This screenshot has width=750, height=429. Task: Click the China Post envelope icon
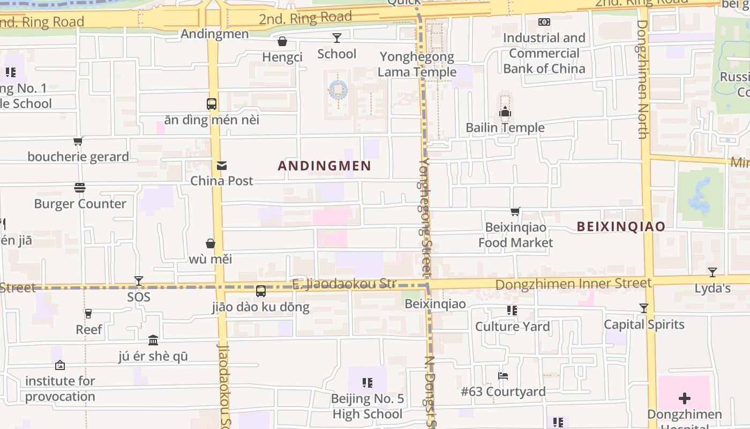point(222,166)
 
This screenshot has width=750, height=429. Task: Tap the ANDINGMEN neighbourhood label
point(325,166)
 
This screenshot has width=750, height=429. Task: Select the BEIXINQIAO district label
point(621,227)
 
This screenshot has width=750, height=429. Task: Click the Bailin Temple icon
point(505,112)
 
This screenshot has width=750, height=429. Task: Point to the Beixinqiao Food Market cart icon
point(515,212)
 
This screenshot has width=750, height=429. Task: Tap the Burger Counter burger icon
point(80,188)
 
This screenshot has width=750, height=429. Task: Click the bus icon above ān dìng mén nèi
point(212,104)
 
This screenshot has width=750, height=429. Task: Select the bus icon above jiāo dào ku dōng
point(261,291)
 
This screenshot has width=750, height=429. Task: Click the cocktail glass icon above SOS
point(139,280)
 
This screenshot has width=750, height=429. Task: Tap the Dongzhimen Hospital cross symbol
point(684,398)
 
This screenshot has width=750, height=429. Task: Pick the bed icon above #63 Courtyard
point(503,376)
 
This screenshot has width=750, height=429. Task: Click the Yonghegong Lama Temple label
point(417,64)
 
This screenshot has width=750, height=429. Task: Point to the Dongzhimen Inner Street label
point(573,284)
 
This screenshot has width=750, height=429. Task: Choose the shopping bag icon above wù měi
point(211,243)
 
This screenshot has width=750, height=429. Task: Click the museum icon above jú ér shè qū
point(153,341)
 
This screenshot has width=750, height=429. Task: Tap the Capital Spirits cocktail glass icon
point(644,308)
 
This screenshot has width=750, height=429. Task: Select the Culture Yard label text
point(512,327)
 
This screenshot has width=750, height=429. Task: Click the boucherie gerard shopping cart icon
point(78,142)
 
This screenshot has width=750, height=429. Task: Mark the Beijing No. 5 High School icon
point(367,383)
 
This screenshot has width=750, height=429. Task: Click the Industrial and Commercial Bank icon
point(544,22)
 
